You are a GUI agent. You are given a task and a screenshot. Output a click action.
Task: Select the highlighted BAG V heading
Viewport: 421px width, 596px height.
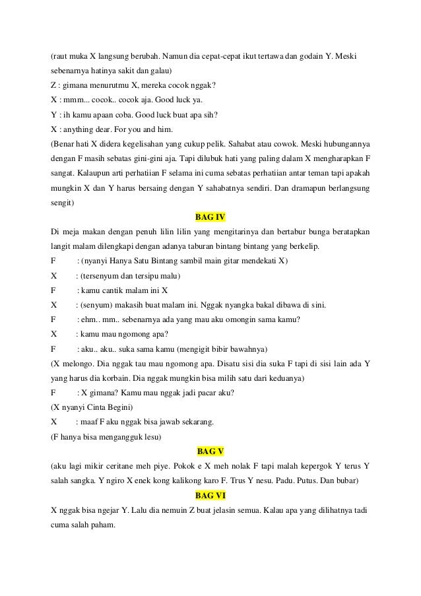click(211, 451)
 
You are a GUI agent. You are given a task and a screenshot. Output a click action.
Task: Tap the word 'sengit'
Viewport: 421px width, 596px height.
click(62, 203)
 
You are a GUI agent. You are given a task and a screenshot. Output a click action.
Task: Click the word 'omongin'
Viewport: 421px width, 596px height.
click(226, 319)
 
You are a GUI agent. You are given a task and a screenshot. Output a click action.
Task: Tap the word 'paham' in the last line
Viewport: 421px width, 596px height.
click(102, 524)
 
